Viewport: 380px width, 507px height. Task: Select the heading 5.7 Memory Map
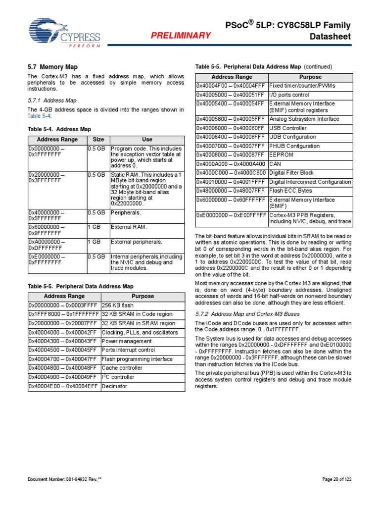coord(52,66)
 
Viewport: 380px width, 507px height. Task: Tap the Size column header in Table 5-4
coord(98,140)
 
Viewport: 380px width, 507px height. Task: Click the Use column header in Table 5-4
coord(147,140)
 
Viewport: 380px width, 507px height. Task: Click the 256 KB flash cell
coord(118,305)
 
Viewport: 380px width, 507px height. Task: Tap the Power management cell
coord(126,341)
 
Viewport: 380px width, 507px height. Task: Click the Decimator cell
coord(115,386)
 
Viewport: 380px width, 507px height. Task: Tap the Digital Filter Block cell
coord(291,173)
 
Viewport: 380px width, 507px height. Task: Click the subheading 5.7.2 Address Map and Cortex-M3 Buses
coord(247,314)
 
